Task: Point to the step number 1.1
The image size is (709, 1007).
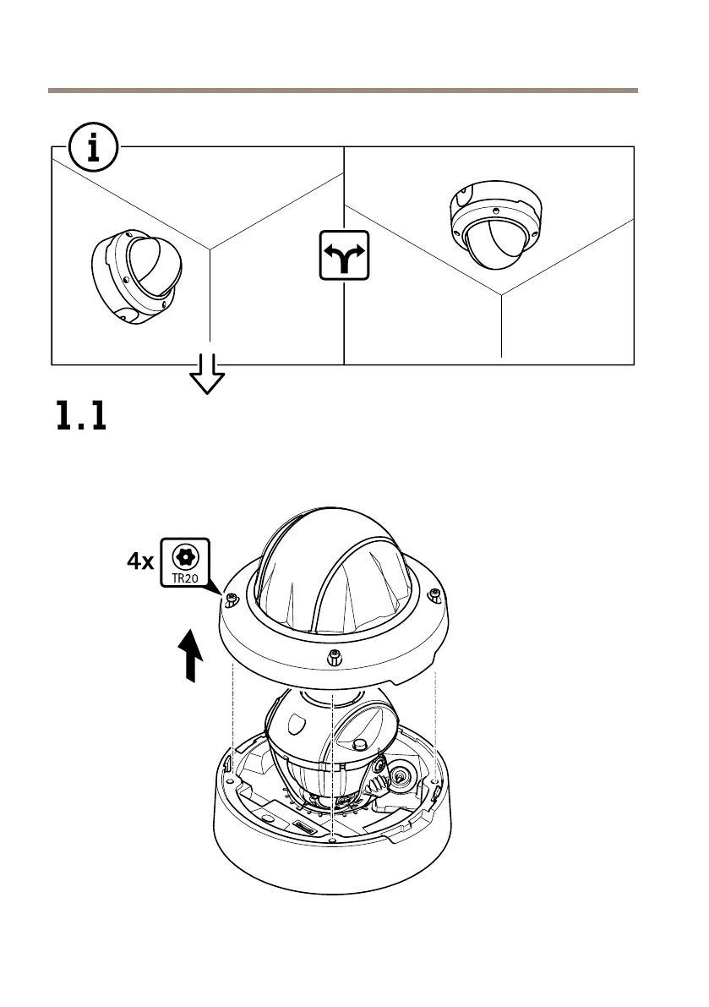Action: pos(81,417)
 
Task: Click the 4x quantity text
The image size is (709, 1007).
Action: pos(139,561)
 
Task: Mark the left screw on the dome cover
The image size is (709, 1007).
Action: pos(231,600)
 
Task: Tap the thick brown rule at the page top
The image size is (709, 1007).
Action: pos(342,89)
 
